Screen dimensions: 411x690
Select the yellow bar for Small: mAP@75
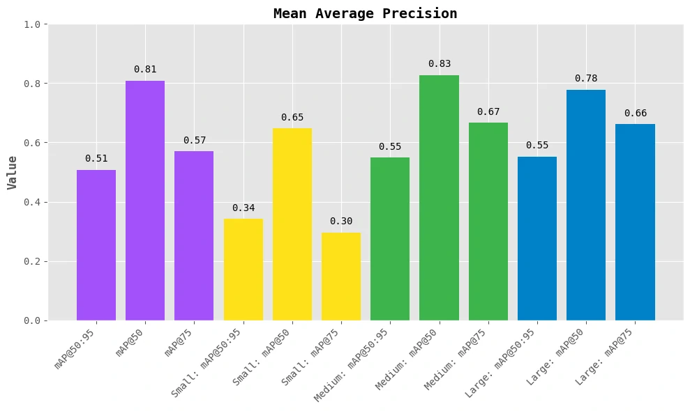pos(341,277)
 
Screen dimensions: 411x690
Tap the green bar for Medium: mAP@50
pos(439,198)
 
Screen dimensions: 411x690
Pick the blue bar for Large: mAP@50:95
pos(537,238)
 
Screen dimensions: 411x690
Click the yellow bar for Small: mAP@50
pos(292,224)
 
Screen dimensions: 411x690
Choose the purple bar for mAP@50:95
pos(96,245)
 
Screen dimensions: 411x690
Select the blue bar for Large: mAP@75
pos(635,222)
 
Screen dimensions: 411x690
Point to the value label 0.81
pos(145,70)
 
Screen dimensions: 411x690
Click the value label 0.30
pos(341,222)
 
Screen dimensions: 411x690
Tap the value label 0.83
pos(439,64)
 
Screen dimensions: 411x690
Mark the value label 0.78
pos(586,79)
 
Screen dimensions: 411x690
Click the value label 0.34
pos(243,208)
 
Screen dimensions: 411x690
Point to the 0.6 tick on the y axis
pos(33,143)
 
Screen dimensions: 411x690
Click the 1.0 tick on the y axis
pos(33,24)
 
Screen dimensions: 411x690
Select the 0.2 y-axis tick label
pos(33,261)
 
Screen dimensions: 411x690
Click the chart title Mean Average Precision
pos(365,13)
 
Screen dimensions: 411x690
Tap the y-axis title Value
pos(12,172)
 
